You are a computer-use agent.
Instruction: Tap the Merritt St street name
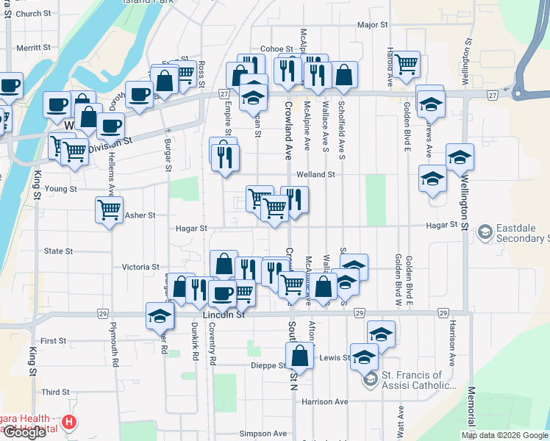click(33, 47)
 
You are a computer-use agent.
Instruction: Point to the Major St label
click(372, 25)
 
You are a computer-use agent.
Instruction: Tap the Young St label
click(61, 189)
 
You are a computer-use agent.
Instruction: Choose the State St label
click(58, 251)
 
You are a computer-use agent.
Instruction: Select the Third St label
click(55, 392)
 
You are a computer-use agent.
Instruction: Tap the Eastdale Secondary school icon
click(485, 233)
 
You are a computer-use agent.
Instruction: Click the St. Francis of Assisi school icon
click(371, 379)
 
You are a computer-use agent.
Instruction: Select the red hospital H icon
click(68, 422)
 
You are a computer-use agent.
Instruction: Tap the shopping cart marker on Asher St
click(109, 210)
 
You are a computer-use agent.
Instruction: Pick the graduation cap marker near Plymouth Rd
click(160, 316)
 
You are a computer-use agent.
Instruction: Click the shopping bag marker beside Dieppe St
click(301, 356)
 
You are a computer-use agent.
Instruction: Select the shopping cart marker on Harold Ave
click(406, 65)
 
